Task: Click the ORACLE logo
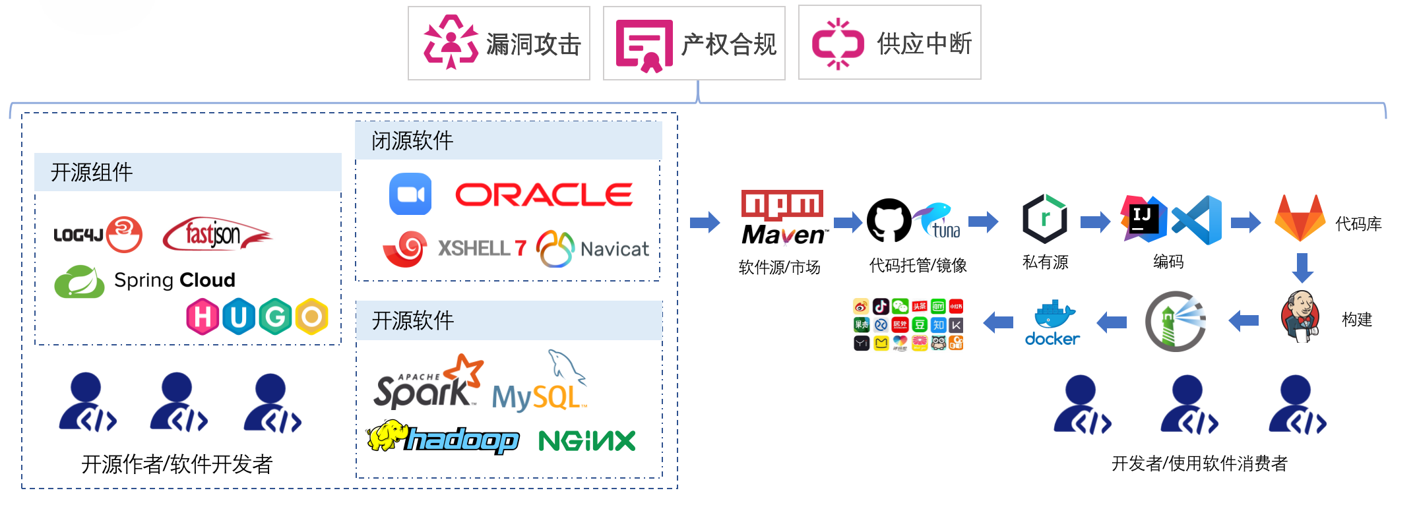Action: pos(544,194)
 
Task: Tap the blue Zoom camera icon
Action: pos(410,194)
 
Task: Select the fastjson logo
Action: pos(217,234)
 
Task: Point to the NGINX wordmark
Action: pos(586,440)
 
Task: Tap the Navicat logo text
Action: pos(614,249)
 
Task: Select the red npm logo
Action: pos(782,205)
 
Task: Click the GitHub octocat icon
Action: pos(889,221)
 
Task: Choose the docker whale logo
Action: pos(1052,323)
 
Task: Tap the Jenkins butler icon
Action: pos(1300,316)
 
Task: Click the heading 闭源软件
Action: pos(412,140)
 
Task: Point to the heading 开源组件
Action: pos(92,172)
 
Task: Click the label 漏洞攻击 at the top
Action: pos(533,44)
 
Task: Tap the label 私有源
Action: pos(1045,262)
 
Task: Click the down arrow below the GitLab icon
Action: pos(1302,268)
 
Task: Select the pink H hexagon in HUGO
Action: pos(203,317)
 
